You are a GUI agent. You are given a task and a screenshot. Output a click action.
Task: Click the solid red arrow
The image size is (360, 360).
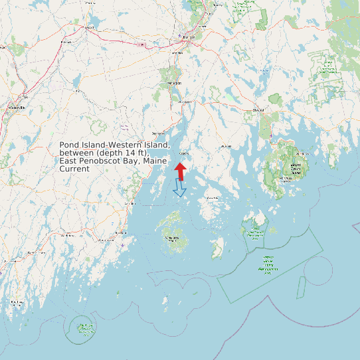click(x=181, y=171)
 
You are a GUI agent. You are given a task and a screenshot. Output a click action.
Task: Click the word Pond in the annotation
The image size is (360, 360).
click(x=68, y=145)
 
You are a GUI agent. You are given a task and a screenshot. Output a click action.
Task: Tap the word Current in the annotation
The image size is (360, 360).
click(x=74, y=169)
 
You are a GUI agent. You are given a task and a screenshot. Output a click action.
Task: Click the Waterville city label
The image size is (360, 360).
click(x=17, y=106)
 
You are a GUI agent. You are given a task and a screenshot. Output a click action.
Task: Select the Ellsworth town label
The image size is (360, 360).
click(x=258, y=110)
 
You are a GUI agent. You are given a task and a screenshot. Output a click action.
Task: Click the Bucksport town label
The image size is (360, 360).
click(x=185, y=102)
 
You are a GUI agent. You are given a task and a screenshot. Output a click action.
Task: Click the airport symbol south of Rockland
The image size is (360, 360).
click(x=122, y=245)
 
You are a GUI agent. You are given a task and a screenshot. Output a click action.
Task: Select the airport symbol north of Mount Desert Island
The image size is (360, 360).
click(x=271, y=135)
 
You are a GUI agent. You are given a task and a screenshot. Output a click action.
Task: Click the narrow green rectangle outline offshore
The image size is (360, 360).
click(x=301, y=286)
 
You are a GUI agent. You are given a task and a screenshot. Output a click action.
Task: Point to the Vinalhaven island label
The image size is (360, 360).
click(x=173, y=238)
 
